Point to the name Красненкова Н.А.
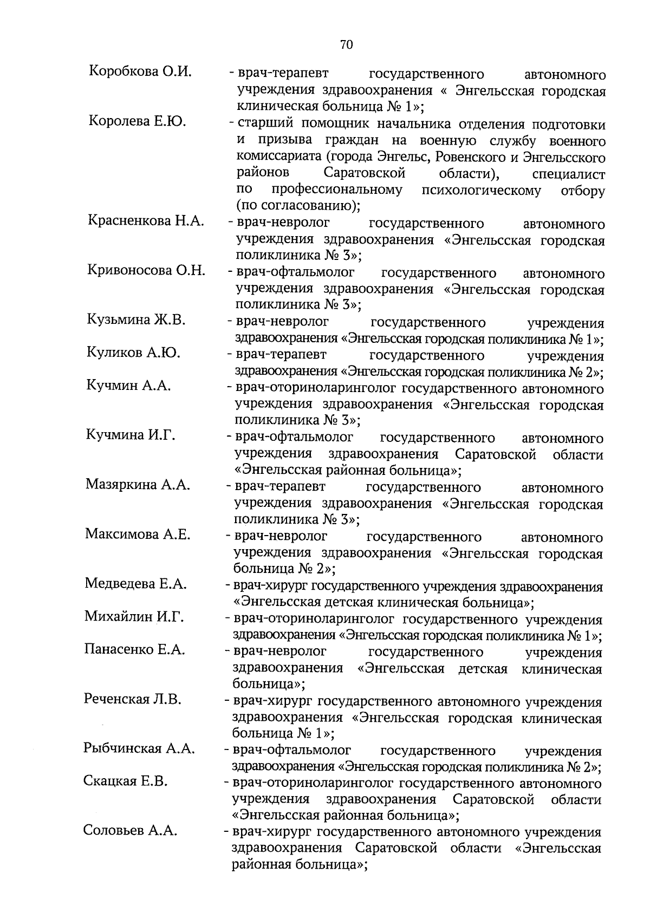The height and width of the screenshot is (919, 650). tap(146, 220)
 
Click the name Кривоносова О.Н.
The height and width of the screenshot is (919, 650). tap(146, 270)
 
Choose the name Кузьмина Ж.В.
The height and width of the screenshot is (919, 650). tap(136, 320)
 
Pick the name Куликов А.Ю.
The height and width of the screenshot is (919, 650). tap(133, 353)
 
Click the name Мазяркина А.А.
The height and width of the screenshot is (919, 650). tap(138, 485)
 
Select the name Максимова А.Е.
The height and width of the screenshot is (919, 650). tap(138, 535)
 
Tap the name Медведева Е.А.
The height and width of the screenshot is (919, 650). tap(135, 584)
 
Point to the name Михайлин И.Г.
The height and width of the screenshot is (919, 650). tap(134, 616)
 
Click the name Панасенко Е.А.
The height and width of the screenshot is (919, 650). tap(134, 649)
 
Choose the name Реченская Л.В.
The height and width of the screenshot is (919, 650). tap(132, 699)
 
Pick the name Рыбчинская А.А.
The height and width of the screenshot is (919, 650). tap(139, 748)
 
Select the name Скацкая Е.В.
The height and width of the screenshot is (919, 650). tap(126, 781)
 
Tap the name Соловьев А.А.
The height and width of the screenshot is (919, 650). tap(130, 831)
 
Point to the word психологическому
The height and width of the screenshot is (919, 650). tap(481, 191)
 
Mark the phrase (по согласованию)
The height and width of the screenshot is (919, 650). tap(297, 206)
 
